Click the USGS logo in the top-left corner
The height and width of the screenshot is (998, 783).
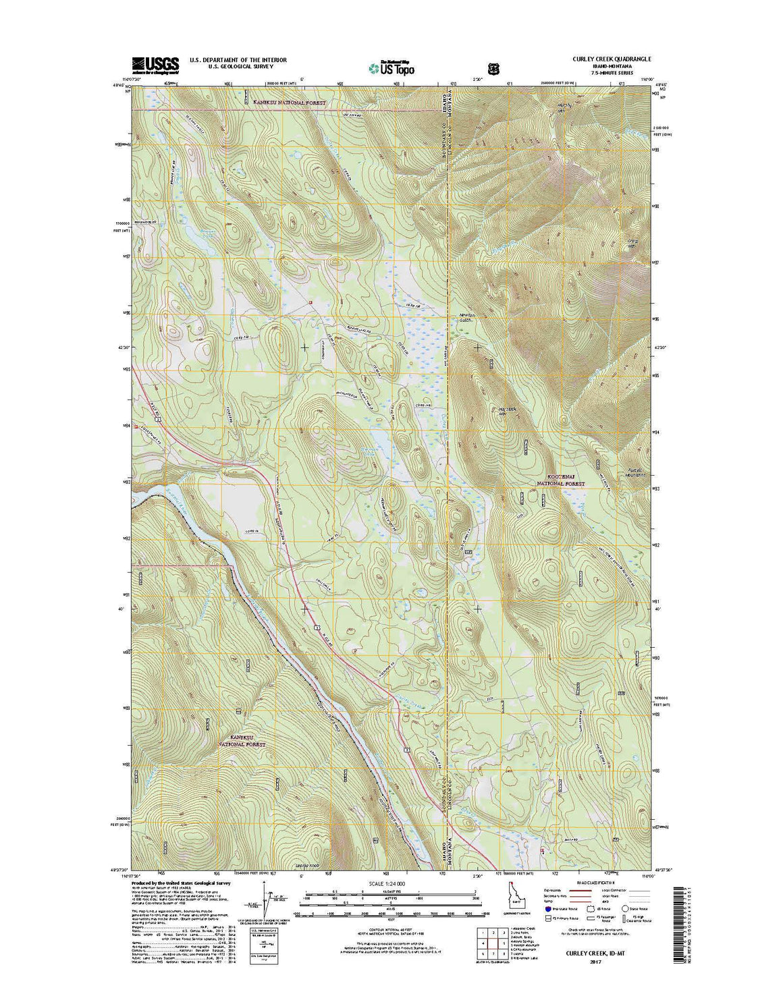[155, 64]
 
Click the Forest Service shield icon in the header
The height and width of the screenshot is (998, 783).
[494, 67]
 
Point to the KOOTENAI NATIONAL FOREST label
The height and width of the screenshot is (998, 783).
[560, 480]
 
